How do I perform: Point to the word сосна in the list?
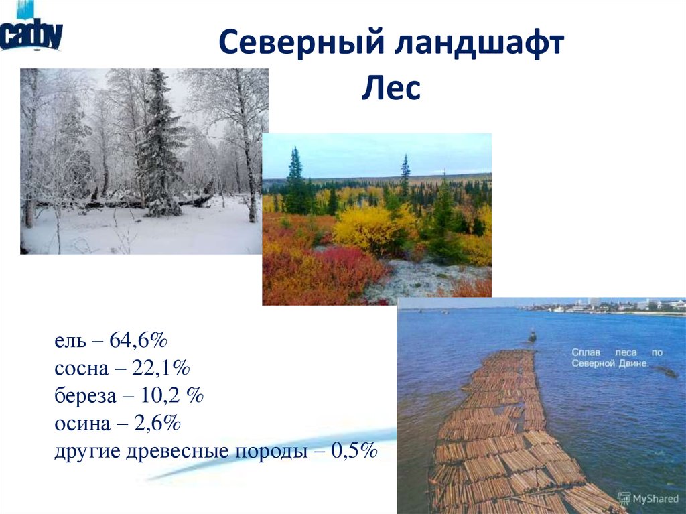point(80,369)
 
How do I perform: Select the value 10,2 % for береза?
point(171,396)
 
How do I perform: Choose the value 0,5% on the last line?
point(355,450)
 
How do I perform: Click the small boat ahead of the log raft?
point(532,336)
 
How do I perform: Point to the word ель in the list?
point(70,341)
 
